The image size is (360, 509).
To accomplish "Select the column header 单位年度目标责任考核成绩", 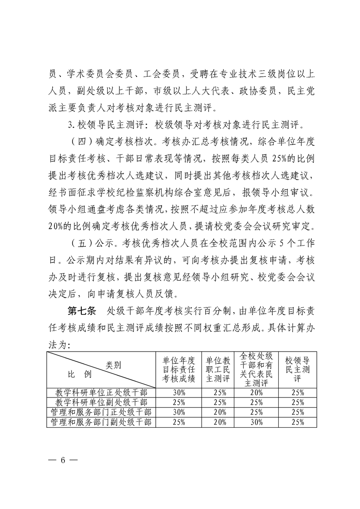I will (x=179, y=370).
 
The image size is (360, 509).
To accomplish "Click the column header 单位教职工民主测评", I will (x=218, y=370).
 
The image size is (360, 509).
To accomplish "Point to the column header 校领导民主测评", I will (x=298, y=370).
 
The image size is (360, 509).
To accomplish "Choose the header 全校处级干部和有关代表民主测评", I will (x=256, y=370).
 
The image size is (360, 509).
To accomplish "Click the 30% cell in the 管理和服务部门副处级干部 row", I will (x=256, y=422).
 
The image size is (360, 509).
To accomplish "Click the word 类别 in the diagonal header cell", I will (x=113, y=364).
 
